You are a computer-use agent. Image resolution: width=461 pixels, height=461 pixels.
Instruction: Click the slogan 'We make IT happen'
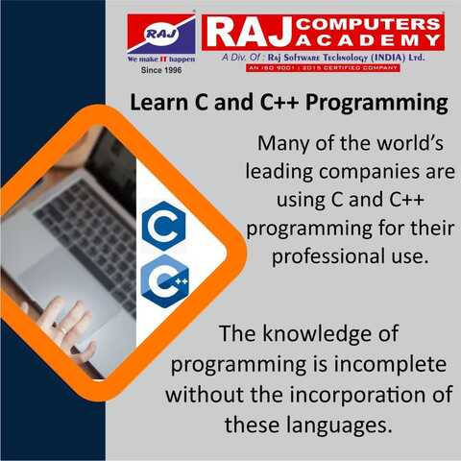(x=160, y=60)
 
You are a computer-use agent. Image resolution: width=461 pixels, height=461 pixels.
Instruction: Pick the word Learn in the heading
(x=158, y=102)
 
